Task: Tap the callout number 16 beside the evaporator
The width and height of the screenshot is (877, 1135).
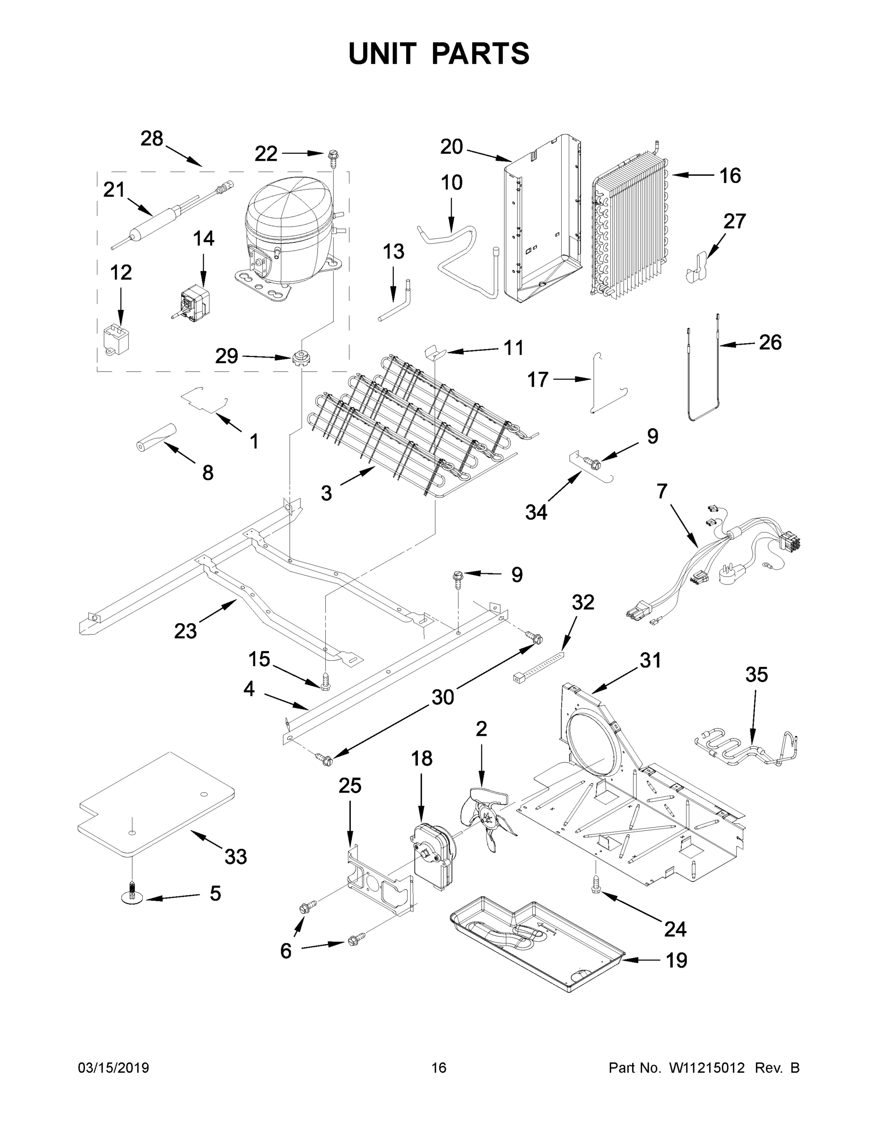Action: (x=730, y=176)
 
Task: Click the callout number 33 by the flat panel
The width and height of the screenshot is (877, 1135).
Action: (x=235, y=856)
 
